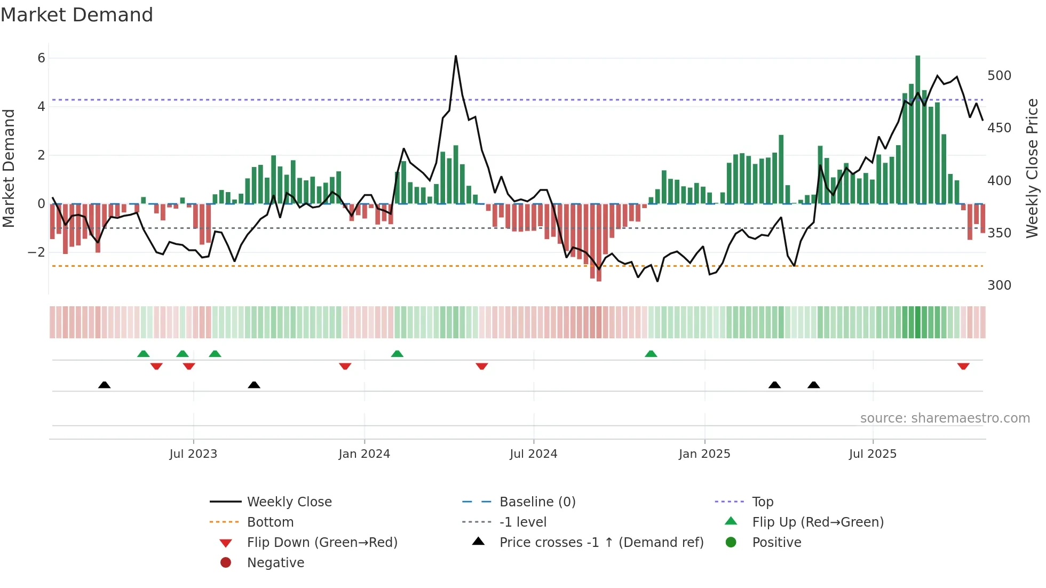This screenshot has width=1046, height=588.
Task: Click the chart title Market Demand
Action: tap(77, 15)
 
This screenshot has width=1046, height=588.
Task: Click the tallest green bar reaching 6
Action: tap(917, 128)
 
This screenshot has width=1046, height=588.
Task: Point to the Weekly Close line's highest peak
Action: tap(456, 57)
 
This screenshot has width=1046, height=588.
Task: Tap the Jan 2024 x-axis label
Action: tap(364, 454)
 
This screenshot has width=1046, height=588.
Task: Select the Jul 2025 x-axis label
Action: tap(873, 454)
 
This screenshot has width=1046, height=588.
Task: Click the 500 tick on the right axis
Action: tap(999, 76)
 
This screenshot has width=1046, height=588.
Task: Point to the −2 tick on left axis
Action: tap(37, 252)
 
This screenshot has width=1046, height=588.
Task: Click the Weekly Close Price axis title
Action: tap(1032, 168)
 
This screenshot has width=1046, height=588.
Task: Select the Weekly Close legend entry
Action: tap(289, 502)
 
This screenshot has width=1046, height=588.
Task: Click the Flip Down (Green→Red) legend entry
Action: tap(322, 543)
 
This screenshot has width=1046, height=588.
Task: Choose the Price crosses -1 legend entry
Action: tap(601, 543)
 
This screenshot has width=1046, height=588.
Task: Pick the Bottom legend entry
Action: tap(270, 522)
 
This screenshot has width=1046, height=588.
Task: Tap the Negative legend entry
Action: tap(275, 563)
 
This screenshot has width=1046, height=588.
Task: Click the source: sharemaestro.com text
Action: tap(945, 418)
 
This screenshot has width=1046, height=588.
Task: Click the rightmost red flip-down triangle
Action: tap(963, 366)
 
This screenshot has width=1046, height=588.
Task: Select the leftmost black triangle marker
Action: tap(105, 385)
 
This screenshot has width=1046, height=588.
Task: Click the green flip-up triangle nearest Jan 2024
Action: tap(397, 354)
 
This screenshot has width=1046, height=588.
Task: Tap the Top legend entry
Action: tap(762, 502)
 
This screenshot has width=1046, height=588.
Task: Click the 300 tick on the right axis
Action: tap(999, 285)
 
